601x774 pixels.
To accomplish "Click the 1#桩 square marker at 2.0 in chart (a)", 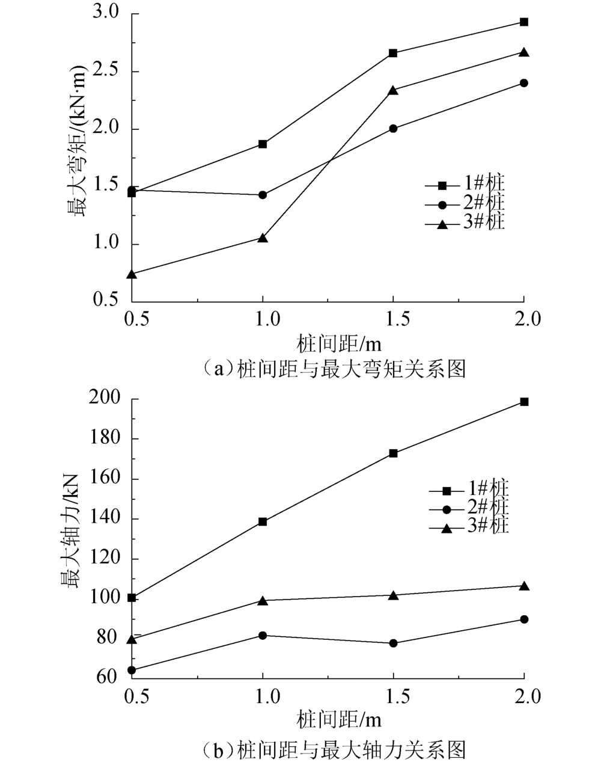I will pos(523,22).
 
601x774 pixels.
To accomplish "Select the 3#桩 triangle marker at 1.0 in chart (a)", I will pos(263,238).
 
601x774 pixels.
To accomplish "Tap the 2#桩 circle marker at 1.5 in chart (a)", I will pos(393,129).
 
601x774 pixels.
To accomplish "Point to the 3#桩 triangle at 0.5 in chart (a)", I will pos(132,274).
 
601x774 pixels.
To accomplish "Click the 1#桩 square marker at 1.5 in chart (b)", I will pos(393,453).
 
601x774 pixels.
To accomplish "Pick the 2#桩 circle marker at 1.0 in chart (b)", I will pos(263,636).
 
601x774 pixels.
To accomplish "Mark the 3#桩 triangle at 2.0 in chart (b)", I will pos(523,586).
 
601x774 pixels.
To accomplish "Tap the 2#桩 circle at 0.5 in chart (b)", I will pos(132,671).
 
